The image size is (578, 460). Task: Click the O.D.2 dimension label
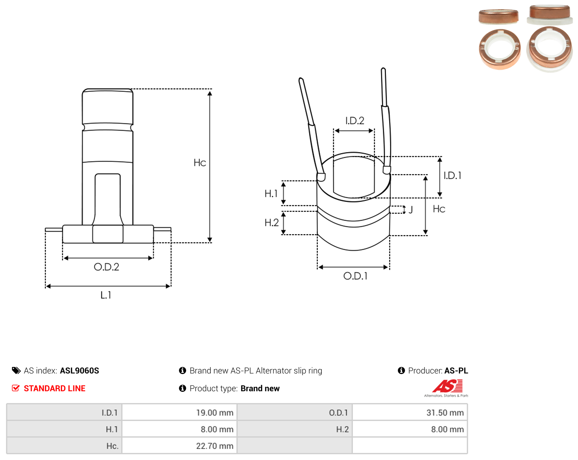click(x=106, y=267)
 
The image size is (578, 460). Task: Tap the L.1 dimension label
click(x=106, y=295)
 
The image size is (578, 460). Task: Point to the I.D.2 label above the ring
click(x=354, y=121)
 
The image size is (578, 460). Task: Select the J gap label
click(x=410, y=209)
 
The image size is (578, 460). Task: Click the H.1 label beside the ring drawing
click(x=271, y=194)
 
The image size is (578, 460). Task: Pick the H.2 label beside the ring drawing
click(x=271, y=223)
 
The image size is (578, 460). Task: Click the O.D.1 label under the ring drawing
click(x=355, y=276)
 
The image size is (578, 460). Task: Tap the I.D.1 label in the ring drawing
click(x=452, y=176)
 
